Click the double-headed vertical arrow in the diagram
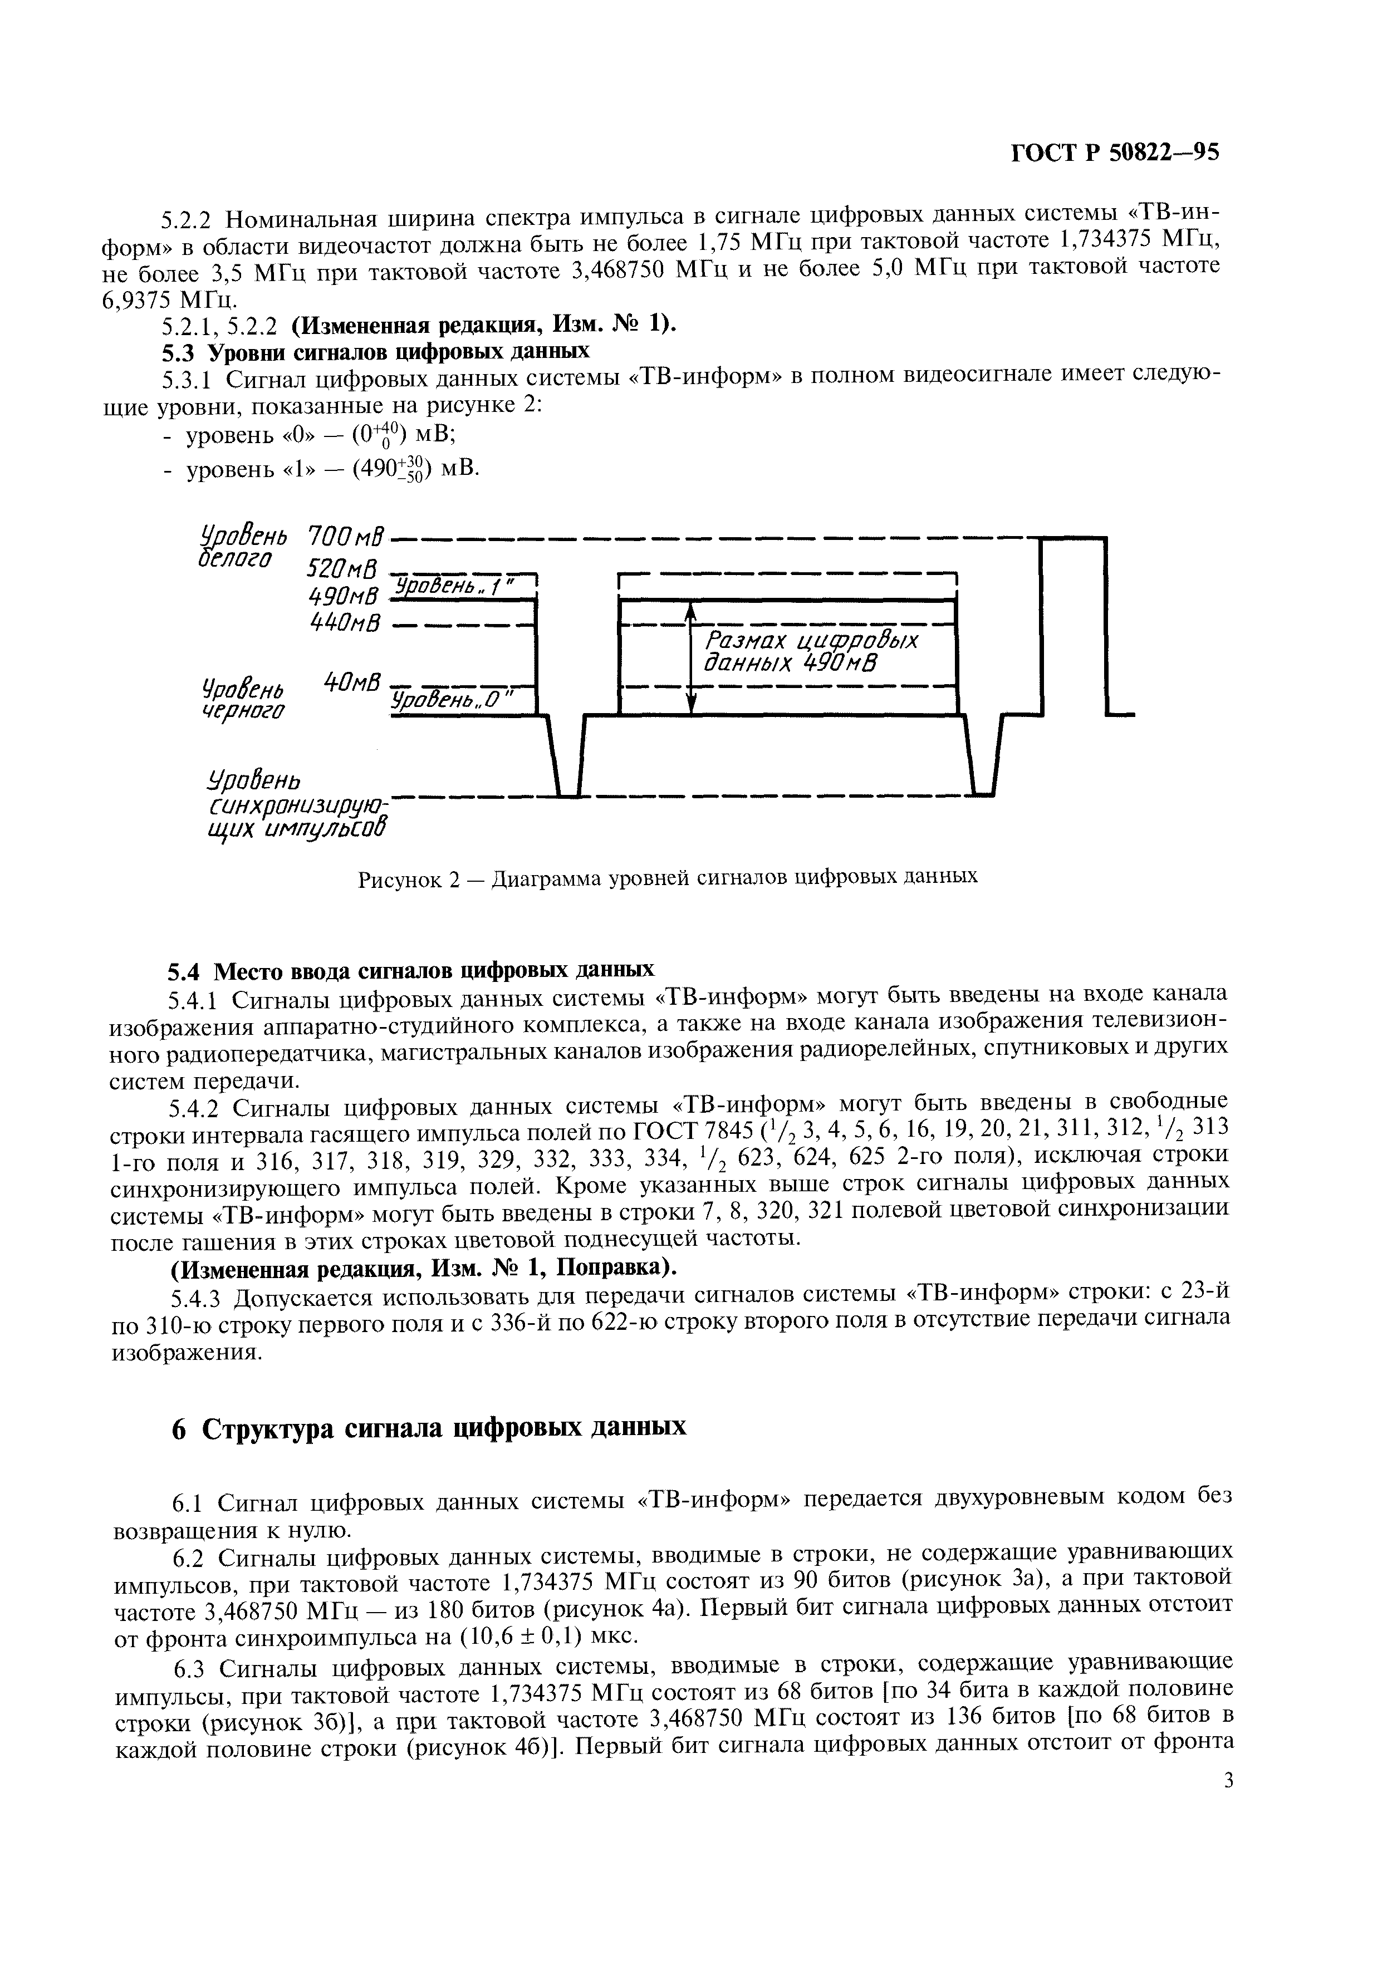point(692,658)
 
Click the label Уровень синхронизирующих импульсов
point(292,803)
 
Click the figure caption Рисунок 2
point(668,877)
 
